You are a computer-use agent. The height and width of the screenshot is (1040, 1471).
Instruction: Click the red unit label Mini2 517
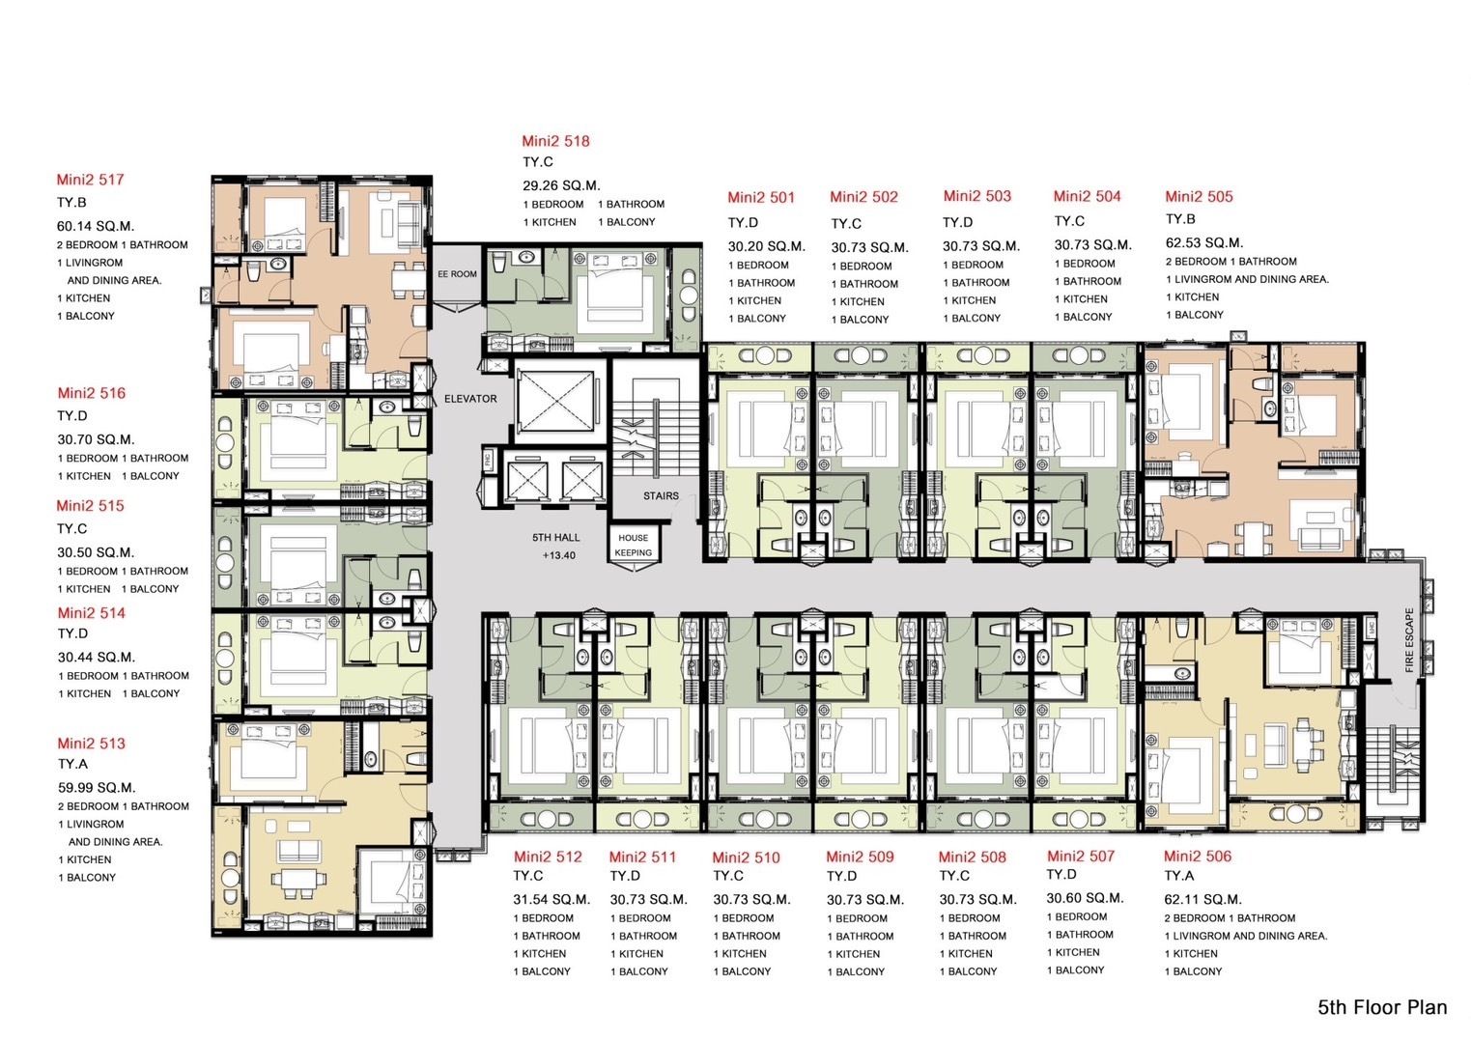point(90,180)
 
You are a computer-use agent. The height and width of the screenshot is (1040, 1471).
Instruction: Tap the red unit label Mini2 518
point(555,141)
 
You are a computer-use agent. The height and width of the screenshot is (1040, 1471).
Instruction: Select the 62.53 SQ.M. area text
point(1203,243)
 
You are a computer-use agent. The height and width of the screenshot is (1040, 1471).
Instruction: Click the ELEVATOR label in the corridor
point(470,399)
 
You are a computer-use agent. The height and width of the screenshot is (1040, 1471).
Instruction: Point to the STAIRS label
point(661,496)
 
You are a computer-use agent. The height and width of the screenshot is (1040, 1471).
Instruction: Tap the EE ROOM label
point(457,274)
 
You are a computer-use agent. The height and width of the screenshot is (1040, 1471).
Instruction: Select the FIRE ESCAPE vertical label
point(1409,640)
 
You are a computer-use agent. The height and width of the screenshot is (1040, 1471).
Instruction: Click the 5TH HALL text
point(556,538)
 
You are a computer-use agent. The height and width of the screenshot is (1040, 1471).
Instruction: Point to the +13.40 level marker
point(558,555)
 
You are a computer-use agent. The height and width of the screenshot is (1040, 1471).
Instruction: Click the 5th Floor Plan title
point(1382,1008)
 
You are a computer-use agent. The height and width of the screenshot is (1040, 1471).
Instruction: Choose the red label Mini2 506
point(1198,857)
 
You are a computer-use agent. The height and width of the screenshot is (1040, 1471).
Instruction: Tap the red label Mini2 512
point(548,857)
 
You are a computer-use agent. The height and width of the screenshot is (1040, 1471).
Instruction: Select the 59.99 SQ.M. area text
point(97,788)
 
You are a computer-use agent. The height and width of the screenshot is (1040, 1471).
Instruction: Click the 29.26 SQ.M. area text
point(561,185)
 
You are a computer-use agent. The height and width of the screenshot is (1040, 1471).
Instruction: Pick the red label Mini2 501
point(761,198)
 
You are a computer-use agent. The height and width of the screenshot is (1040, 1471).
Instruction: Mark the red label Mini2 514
point(91,613)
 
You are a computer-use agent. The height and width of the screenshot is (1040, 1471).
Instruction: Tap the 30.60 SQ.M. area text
point(1085,898)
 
